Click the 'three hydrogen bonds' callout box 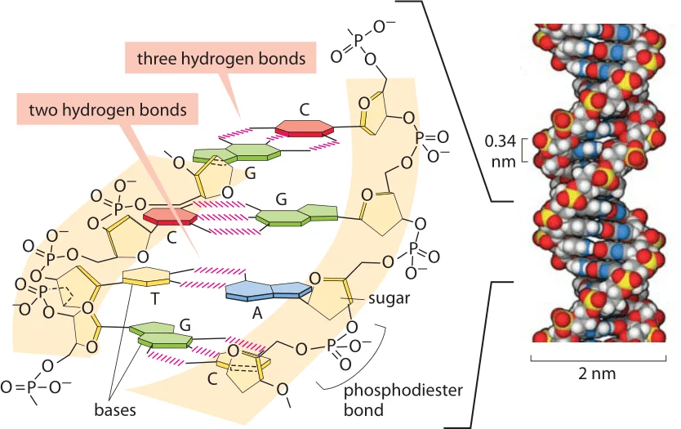click(x=220, y=58)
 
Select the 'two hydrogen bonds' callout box click(x=107, y=109)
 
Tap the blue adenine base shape click(x=269, y=290)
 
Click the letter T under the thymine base click(x=154, y=299)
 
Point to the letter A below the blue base click(x=257, y=312)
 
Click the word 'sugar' click(x=389, y=298)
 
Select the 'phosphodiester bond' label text click(x=403, y=400)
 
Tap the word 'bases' click(x=115, y=409)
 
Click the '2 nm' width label click(x=597, y=373)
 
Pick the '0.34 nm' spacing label click(x=501, y=151)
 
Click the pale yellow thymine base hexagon click(x=146, y=277)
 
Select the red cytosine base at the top click(x=305, y=128)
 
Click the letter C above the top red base click(x=305, y=109)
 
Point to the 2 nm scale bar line click(x=598, y=360)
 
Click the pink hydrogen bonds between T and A click(x=212, y=278)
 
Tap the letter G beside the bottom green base click(x=185, y=325)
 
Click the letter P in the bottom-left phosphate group click(x=29, y=387)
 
